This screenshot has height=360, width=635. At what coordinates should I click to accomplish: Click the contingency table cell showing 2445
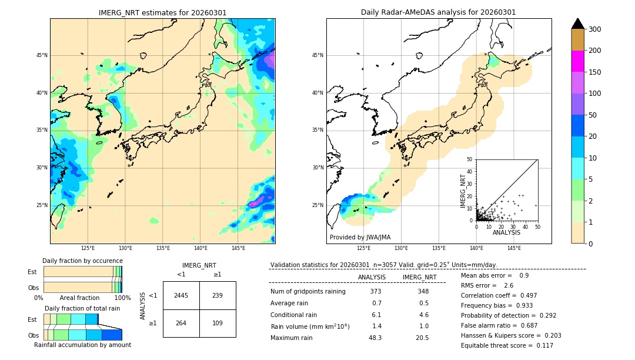(x=181, y=295)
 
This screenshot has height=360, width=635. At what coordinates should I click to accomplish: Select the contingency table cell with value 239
(x=218, y=295)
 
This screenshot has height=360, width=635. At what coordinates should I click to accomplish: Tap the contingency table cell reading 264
(x=181, y=323)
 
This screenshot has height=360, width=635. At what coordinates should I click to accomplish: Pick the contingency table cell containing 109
(x=218, y=323)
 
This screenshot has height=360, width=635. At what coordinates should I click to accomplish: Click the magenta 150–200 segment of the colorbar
(x=577, y=61)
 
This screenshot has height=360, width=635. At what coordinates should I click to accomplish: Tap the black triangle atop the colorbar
(x=577, y=24)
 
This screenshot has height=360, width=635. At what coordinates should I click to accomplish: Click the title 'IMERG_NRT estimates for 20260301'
(x=162, y=12)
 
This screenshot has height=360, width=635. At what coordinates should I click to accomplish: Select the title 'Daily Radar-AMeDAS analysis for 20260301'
(x=439, y=12)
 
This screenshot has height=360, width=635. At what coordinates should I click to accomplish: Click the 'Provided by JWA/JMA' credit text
(x=360, y=238)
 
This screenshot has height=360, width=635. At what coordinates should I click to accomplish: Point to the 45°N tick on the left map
(x=42, y=56)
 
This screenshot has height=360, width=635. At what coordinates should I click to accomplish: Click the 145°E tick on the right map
(x=514, y=248)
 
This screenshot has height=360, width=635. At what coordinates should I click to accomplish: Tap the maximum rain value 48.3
(x=375, y=338)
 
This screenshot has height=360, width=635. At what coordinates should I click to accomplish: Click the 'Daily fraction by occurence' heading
(x=82, y=261)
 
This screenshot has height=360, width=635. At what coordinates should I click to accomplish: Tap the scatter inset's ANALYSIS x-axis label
(x=506, y=232)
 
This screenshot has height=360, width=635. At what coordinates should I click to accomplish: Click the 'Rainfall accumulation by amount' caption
(x=82, y=345)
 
